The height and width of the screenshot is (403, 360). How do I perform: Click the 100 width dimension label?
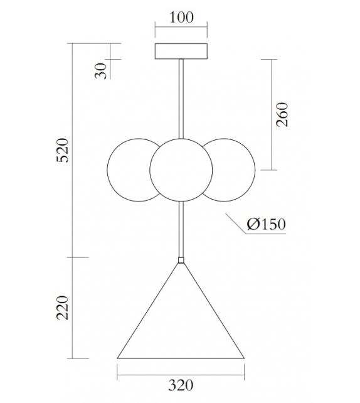pyautogui.click(x=181, y=18)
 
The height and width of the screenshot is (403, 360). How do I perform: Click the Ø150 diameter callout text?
pyautogui.click(x=266, y=224)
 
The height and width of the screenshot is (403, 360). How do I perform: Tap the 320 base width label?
pyautogui.click(x=181, y=385)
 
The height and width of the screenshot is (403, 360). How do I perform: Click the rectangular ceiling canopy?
pyautogui.click(x=181, y=50)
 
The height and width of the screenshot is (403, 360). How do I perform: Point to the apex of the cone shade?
pyautogui.click(x=181, y=264)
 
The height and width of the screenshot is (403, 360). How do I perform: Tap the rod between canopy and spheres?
pyautogui.click(x=181, y=97)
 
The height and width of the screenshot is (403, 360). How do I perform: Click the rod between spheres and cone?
pyautogui.click(x=181, y=229)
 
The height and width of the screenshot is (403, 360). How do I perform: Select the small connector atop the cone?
pyautogui.click(x=181, y=259)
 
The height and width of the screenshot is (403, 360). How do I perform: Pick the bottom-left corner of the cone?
pyautogui.click(x=118, y=358)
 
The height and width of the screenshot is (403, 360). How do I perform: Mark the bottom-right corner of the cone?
pyautogui.click(x=243, y=358)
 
